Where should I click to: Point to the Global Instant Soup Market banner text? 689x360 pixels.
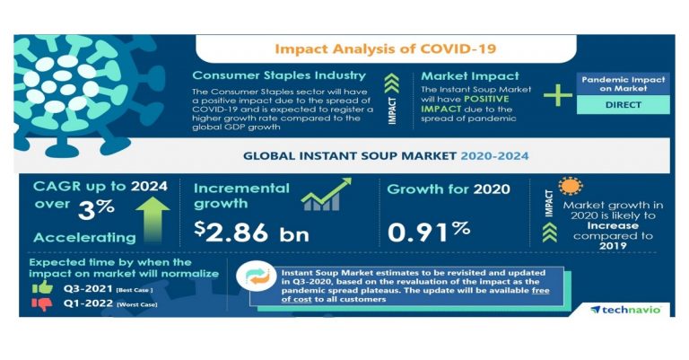(x=386, y=155)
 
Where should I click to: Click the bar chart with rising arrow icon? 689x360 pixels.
(x=324, y=196)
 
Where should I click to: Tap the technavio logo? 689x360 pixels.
(x=625, y=310)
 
